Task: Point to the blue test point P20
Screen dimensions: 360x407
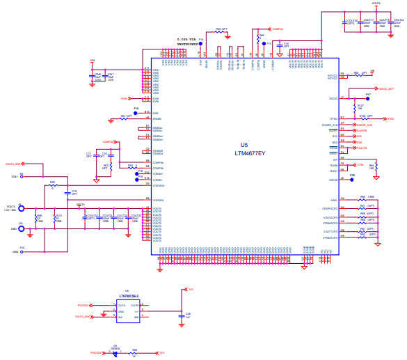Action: tap(352, 179)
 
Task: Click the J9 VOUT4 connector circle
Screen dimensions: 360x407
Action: tap(21, 208)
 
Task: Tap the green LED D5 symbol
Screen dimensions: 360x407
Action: tap(115, 353)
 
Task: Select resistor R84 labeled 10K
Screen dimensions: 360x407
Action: tap(363, 167)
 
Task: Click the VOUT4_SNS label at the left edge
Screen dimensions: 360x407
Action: tap(14, 164)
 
